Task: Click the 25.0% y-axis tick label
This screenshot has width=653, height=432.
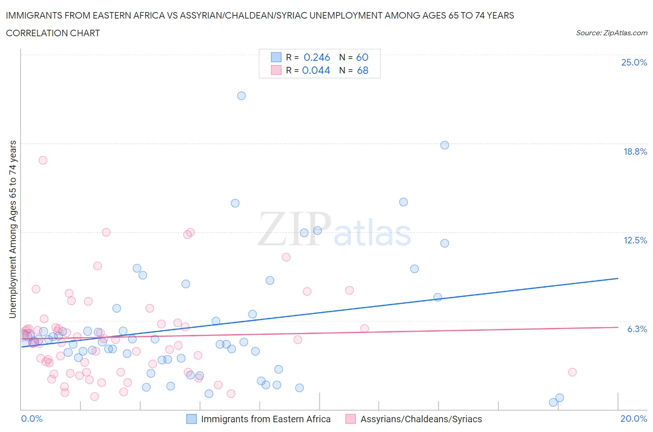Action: click(634, 62)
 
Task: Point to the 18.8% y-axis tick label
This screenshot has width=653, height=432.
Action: click(635, 151)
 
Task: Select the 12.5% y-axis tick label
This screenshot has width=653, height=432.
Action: click(635, 240)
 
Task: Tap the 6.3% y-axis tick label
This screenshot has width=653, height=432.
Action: click(637, 329)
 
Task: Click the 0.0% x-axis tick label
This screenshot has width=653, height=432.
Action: click(32, 419)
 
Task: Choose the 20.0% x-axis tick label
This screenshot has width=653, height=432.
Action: click(633, 419)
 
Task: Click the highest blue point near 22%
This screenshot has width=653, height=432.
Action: click(242, 96)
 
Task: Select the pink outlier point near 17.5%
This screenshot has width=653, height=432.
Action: click(43, 160)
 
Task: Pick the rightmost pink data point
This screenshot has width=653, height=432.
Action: click(572, 372)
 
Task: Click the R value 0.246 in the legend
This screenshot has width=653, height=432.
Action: click(317, 57)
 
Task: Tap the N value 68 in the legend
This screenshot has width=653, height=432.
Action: click(362, 70)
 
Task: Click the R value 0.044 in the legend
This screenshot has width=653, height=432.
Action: click(316, 70)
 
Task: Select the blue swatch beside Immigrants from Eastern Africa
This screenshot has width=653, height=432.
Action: click(191, 419)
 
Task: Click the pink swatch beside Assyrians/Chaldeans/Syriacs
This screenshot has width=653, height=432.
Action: click(351, 419)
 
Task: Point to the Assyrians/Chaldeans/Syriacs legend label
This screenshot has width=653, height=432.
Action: click(421, 419)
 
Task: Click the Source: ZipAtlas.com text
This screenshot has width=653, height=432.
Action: click(611, 33)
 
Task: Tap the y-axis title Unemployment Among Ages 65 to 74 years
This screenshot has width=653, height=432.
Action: click(13, 229)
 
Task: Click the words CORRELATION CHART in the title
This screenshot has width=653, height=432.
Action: click(52, 33)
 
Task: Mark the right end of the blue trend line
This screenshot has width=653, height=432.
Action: click(618, 278)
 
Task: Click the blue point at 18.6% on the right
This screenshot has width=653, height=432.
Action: click(444, 145)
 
